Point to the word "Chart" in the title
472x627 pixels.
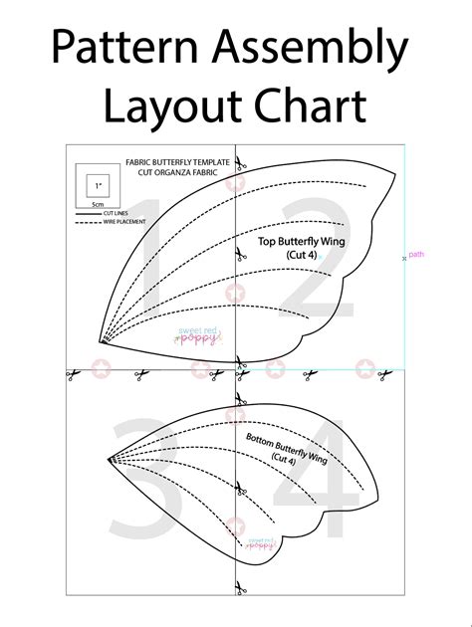tap(309, 105)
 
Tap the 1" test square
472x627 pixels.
tap(98, 186)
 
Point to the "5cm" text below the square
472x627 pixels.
tap(98, 204)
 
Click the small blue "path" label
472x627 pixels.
tap(416, 255)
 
